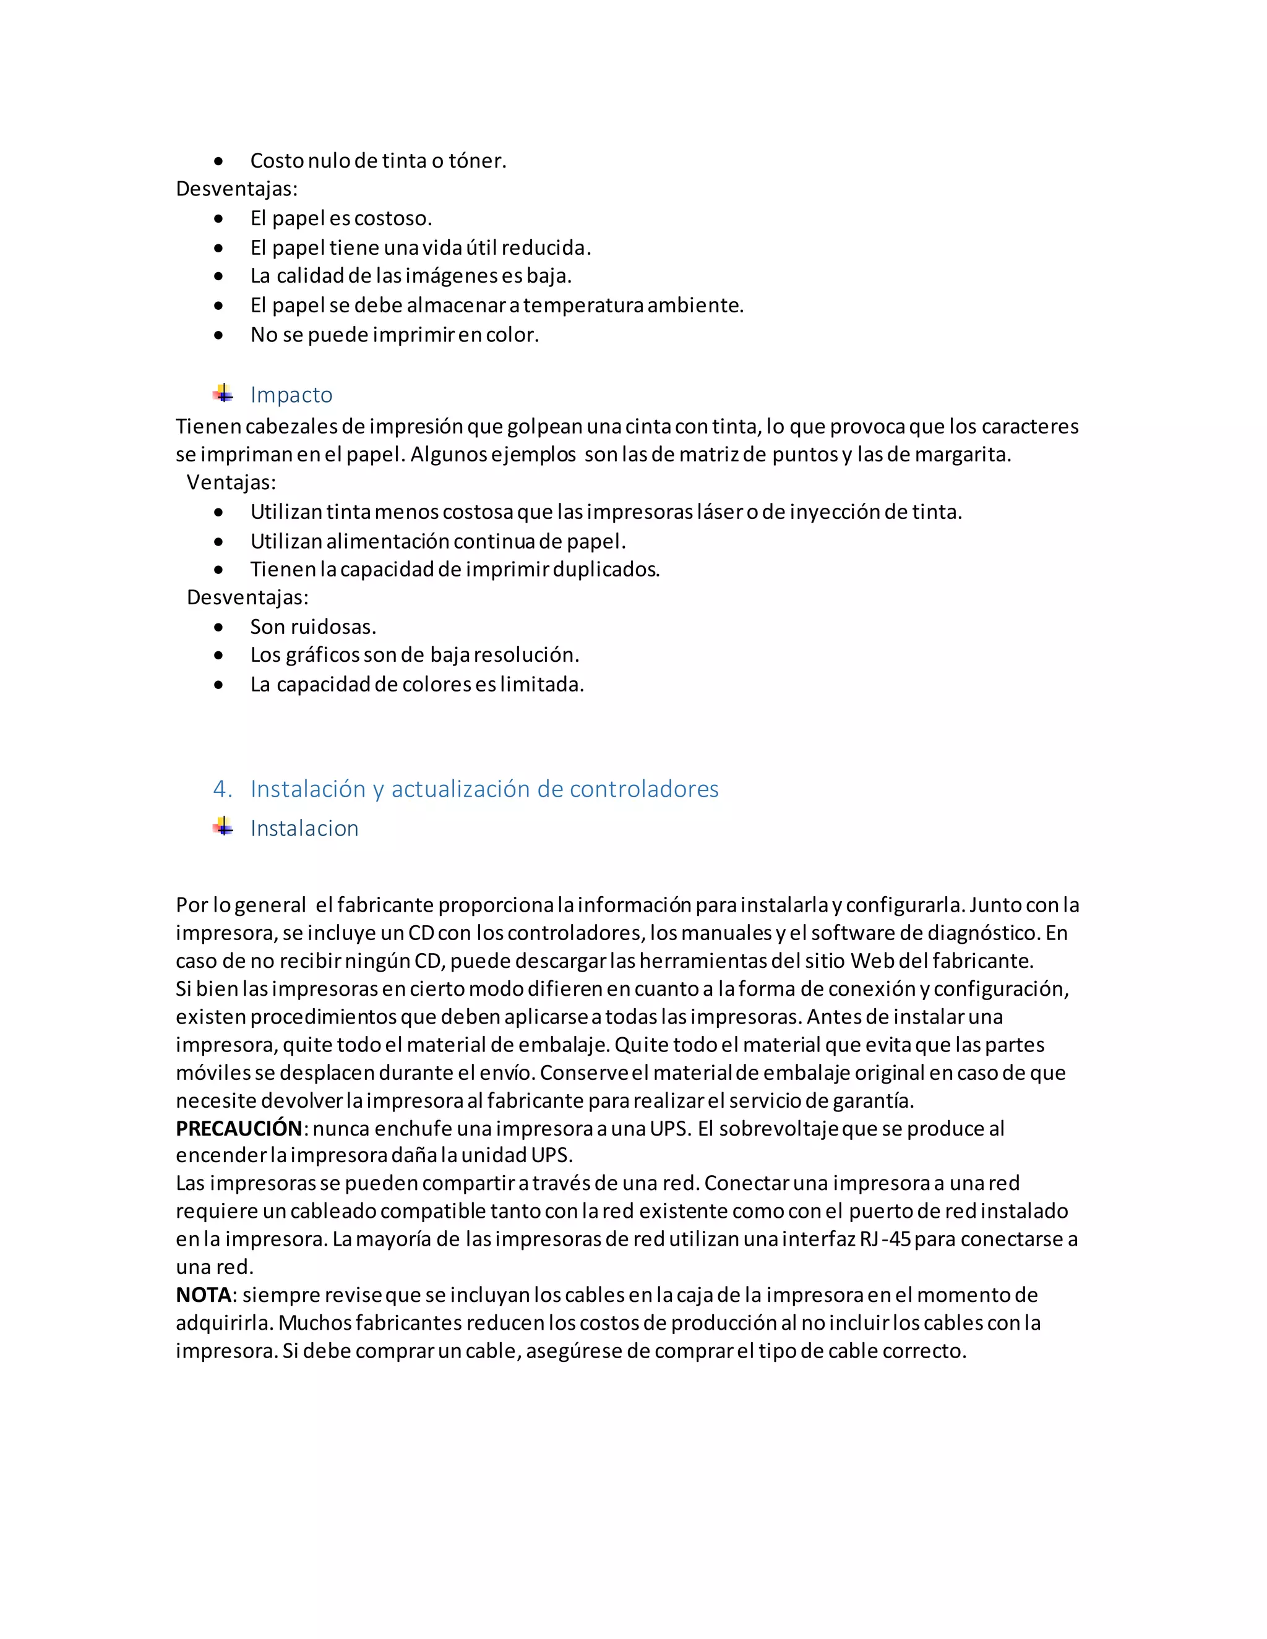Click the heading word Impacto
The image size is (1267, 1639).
(x=291, y=395)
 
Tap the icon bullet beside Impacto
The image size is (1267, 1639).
(x=223, y=393)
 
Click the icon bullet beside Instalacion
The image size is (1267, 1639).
(x=223, y=827)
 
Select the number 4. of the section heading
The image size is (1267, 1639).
(x=222, y=789)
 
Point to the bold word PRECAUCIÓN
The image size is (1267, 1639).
(x=239, y=1129)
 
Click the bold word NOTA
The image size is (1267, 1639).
(x=204, y=1295)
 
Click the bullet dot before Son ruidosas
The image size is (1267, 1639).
(x=218, y=627)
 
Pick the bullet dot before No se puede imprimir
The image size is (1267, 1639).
(x=218, y=335)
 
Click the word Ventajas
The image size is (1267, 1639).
(x=230, y=482)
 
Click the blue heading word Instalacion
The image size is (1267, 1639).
(x=304, y=829)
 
